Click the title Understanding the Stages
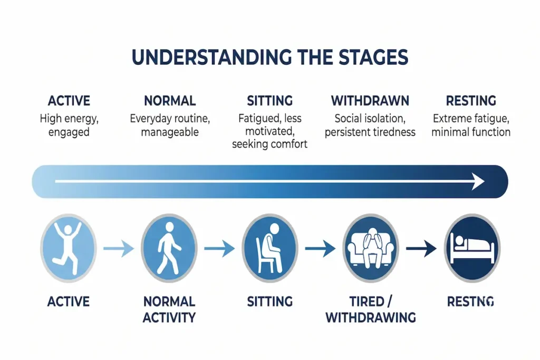click(269, 57)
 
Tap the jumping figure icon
click(69, 247)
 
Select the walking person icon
click(169, 247)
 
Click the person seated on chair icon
click(269, 247)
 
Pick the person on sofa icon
click(371, 247)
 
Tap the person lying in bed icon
click(471, 247)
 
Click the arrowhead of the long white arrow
click(478, 182)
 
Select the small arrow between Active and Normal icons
click(119, 248)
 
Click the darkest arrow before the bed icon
click(421, 248)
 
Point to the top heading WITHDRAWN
click(370, 101)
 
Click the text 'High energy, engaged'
click(69, 125)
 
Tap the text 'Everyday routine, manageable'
click(169, 125)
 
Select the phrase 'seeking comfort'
click(269, 144)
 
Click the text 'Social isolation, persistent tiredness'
click(370, 125)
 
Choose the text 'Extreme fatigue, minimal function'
click(471, 125)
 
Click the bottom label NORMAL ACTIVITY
click(169, 309)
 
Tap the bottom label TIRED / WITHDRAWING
click(371, 309)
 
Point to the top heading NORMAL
click(169, 101)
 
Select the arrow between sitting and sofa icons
click(320, 248)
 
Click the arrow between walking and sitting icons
click(219, 248)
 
